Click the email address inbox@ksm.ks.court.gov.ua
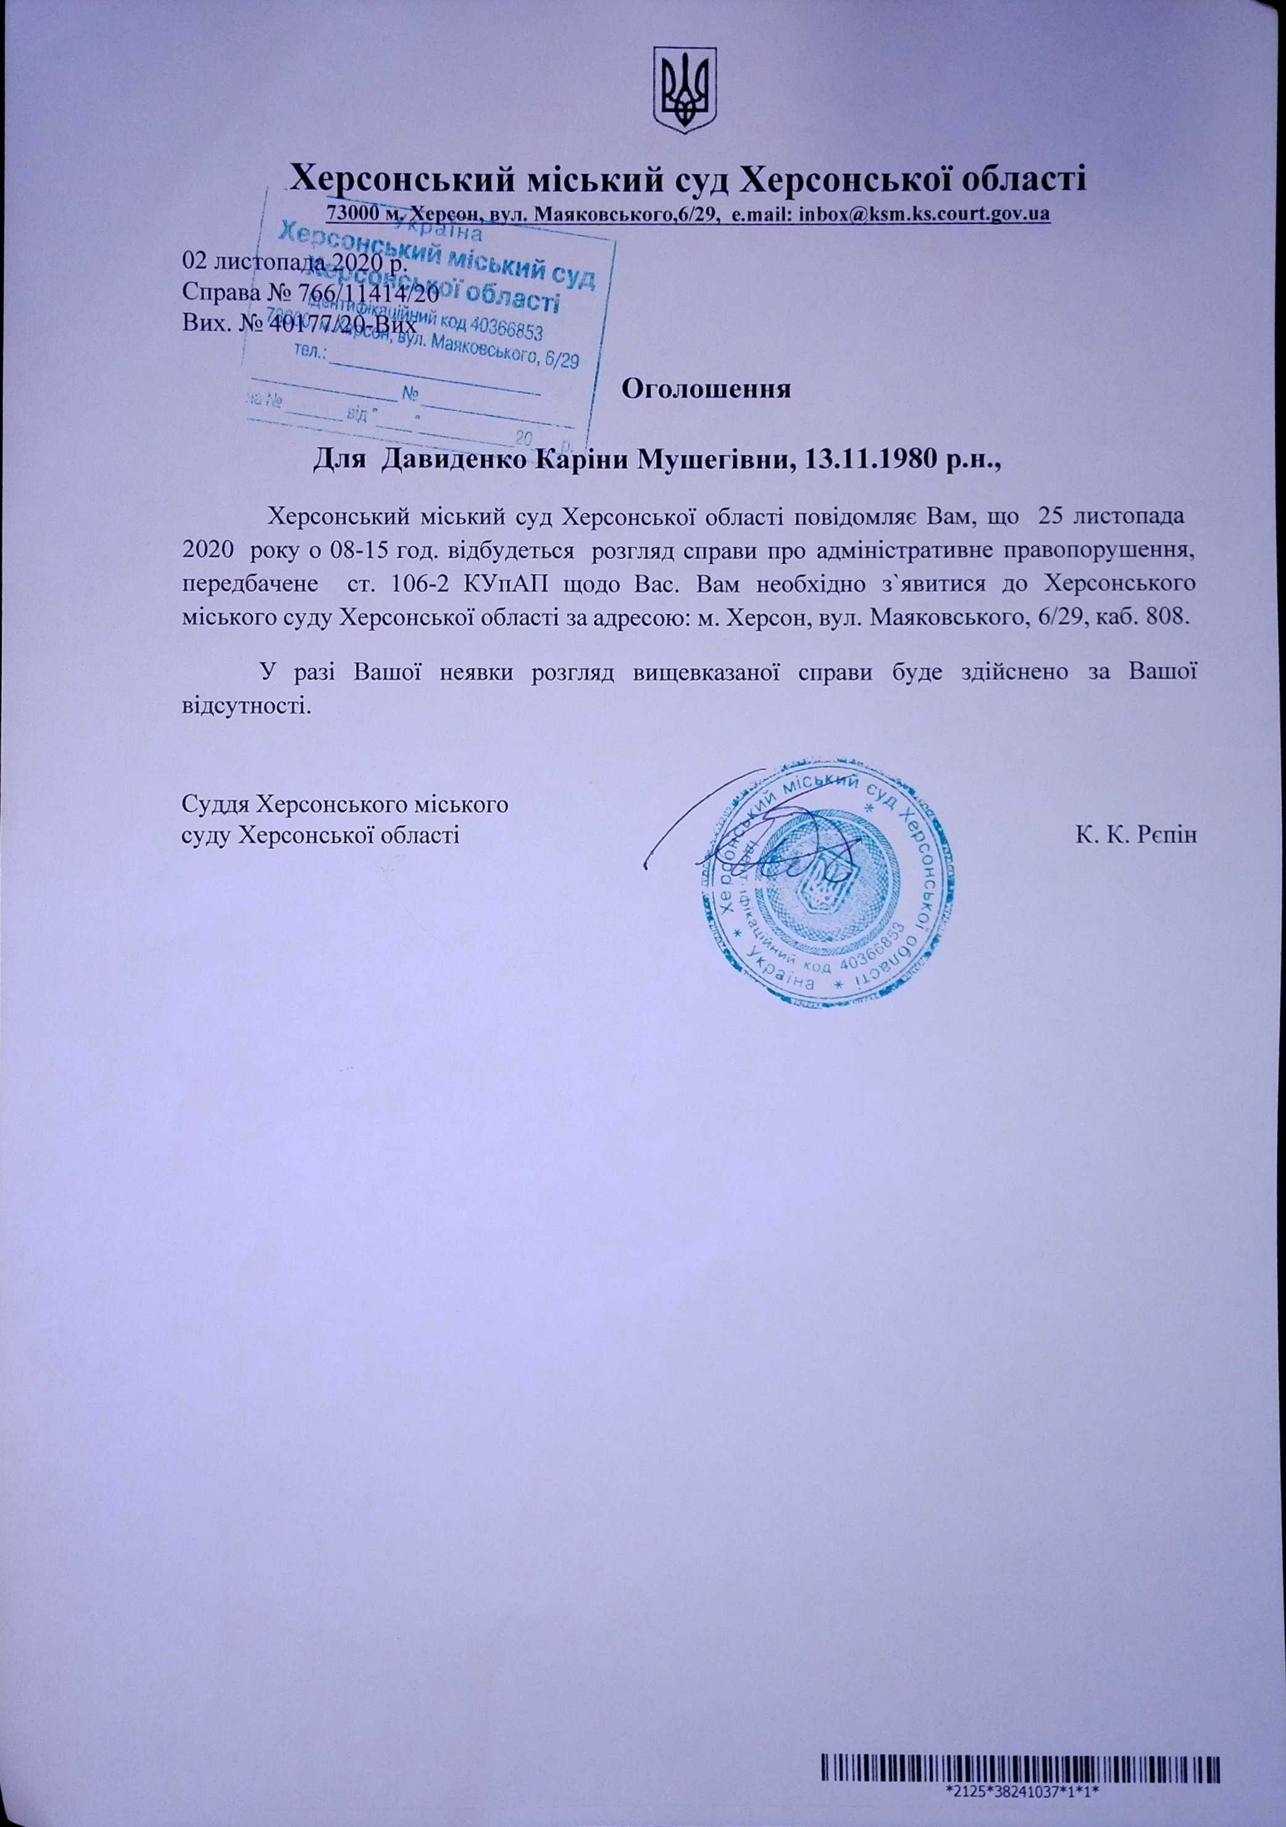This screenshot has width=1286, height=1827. pos(925,214)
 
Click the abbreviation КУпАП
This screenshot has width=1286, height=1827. pos(496,583)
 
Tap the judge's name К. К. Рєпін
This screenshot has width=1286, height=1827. pos(1137,834)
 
